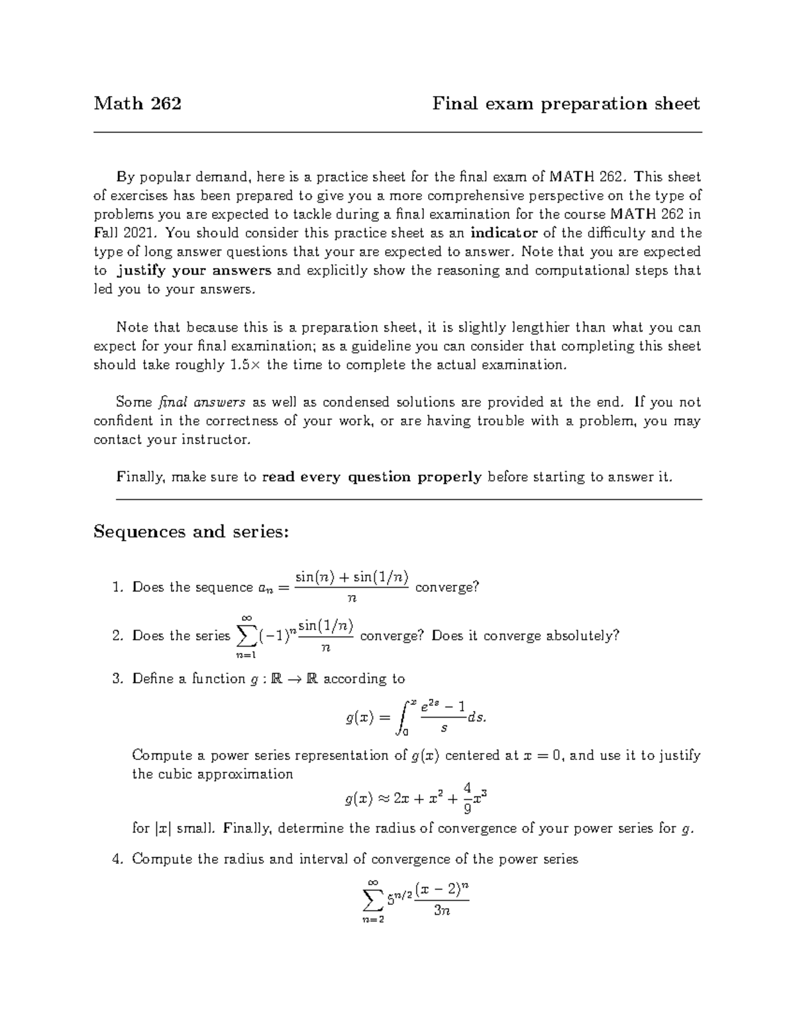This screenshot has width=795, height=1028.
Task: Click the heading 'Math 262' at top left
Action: (137, 104)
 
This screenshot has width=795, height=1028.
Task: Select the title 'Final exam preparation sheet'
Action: (566, 104)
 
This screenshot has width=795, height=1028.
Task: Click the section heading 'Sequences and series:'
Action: (191, 532)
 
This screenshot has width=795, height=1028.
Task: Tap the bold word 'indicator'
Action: (504, 233)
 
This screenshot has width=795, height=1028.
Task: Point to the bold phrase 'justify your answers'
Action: (194, 270)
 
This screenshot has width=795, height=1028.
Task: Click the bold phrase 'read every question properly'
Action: (372, 477)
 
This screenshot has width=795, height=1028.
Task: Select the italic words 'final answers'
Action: (202, 402)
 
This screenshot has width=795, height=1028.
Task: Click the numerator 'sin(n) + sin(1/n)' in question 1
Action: (352, 577)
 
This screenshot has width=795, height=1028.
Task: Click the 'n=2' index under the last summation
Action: (372, 920)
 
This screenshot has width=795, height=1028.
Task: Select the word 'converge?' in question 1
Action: (447, 587)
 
